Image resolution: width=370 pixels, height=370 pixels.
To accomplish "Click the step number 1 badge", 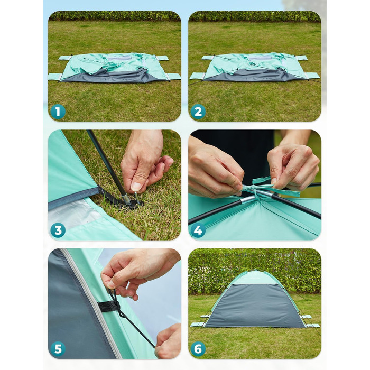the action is pos(58,112).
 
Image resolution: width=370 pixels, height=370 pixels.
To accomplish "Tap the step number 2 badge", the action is pos(198,112).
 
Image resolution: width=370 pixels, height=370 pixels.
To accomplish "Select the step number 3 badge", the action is pos(58,230).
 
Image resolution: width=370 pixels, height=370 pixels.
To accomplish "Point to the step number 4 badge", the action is pos(198,230).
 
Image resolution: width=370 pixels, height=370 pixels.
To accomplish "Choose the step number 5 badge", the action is pos(58,349).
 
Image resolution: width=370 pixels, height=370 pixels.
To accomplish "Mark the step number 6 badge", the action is pos(198,349).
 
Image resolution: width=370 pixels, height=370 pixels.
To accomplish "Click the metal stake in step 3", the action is pos(137,198).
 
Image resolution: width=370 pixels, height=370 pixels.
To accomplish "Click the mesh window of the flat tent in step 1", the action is pos(119,58).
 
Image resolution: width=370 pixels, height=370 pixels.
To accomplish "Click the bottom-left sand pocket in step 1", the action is pos(55,77).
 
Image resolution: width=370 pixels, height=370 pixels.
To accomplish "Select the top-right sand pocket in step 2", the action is pos(301,58).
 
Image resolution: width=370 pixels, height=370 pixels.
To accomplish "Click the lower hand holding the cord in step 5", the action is pos(168,341).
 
